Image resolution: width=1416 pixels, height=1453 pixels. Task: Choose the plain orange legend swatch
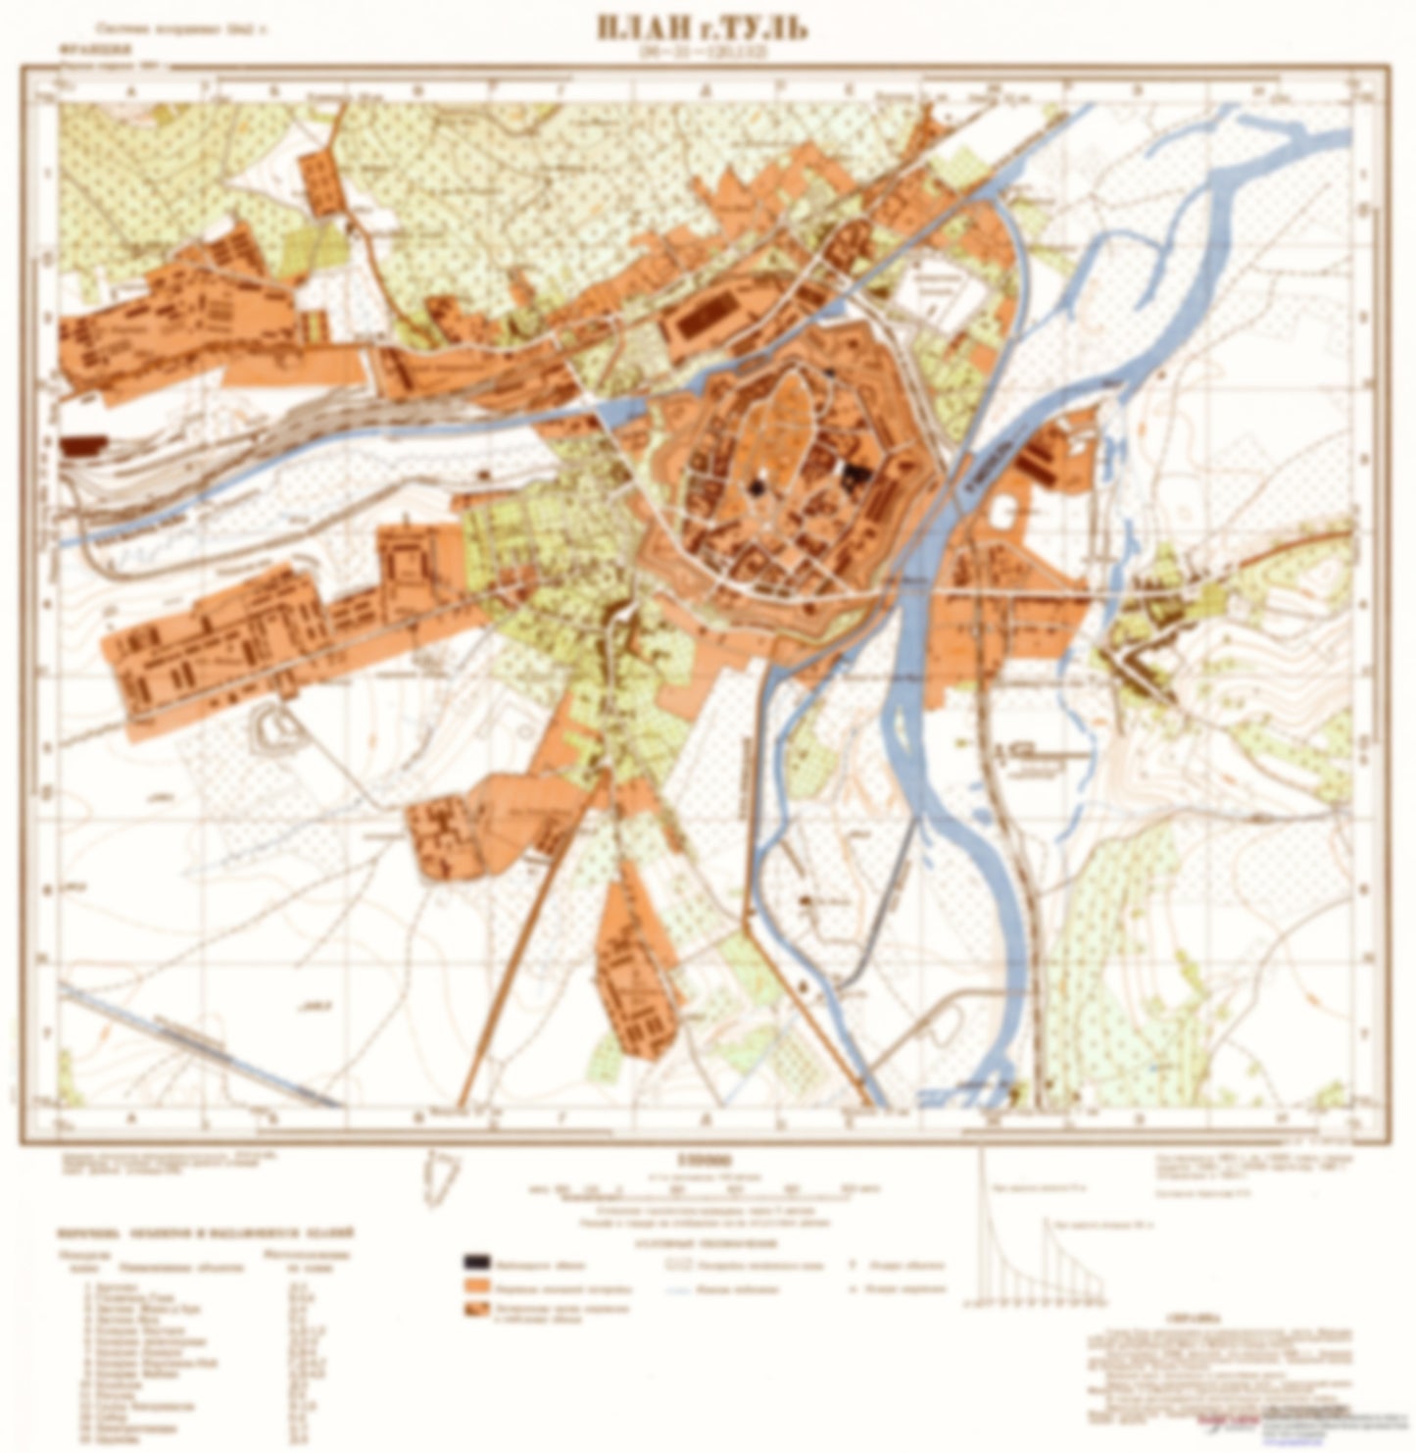click(477, 1286)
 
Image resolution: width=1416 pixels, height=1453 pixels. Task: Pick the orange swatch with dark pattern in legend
click(477, 1311)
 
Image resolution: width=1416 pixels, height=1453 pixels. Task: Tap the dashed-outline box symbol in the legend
click(679, 1263)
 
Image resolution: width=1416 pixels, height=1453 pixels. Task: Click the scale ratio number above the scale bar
click(702, 1158)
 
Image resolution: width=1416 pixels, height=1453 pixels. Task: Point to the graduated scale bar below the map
click(702, 1189)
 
